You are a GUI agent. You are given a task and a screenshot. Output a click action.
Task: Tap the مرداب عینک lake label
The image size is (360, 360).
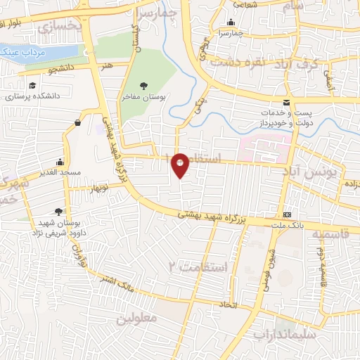pyautogui.click(x=22, y=52)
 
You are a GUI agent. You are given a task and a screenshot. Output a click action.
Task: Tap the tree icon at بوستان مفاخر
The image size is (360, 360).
pyautogui.click(x=143, y=85)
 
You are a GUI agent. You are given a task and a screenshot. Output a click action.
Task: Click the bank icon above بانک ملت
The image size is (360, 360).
pyautogui.click(x=287, y=214)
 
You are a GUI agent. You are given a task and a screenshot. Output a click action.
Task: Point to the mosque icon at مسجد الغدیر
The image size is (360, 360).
pyautogui.click(x=60, y=161)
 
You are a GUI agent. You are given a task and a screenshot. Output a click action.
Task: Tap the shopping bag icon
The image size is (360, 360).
pyautogui.click(x=76, y=123)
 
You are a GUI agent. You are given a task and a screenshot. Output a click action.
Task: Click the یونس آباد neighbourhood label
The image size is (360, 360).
pyautogui.click(x=310, y=171)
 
